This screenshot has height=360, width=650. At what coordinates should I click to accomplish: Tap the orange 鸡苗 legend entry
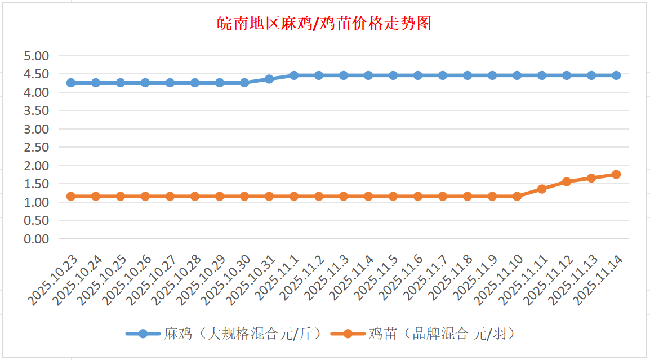coord(428,334)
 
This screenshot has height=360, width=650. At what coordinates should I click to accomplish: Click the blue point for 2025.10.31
coord(269,79)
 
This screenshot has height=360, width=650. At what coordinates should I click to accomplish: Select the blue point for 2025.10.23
coord(71,83)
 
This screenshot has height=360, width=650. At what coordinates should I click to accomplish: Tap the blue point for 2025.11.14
coord(616,75)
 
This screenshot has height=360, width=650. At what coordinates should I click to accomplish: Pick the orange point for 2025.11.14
coord(616,175)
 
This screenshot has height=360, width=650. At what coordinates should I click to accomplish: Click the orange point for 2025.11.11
coord(542,189)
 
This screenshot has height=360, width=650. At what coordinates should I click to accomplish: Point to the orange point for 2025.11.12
coord(567,182)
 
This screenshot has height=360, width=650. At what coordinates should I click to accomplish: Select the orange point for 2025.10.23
coord(71,197)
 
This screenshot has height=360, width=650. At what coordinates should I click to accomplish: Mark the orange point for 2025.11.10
coord(517,197)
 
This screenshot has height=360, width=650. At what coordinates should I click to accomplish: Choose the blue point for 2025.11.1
coord(294,75)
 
